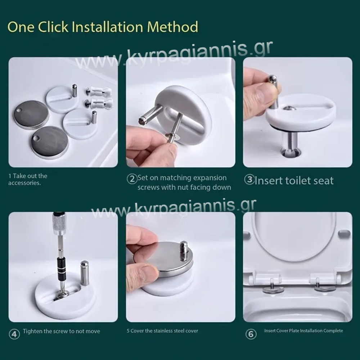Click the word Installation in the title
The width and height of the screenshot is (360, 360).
pos(108,27)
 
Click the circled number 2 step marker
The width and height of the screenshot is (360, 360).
pos(132,179)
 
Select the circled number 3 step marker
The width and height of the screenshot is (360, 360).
pos(249,180)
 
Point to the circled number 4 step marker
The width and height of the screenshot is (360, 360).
pos(14,334)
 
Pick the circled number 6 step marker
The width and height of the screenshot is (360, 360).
pos(251,334)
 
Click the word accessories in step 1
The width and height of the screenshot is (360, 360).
pos(24,183)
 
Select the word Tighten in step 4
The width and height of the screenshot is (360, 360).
pos(32,331)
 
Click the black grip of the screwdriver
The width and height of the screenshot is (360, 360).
pos(61,266)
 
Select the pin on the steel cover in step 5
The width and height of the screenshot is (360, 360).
pos(184,251)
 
